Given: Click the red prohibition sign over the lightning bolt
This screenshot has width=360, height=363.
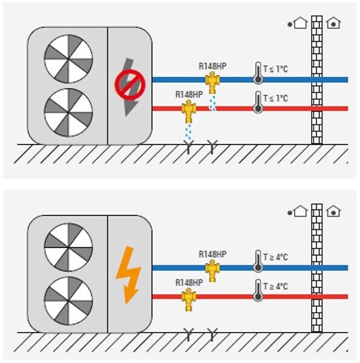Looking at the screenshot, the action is (130, 85).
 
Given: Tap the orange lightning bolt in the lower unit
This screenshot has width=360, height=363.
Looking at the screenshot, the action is (129, 275).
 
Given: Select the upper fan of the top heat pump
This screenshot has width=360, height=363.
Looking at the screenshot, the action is (68, 59).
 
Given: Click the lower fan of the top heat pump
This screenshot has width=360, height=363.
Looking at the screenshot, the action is (68, 113).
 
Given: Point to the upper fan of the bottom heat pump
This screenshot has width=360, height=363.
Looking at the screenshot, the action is (68, 247).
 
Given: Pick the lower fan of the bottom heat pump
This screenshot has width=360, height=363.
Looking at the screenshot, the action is (68, 301).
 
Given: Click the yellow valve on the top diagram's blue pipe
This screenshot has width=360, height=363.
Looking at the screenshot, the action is (212, 82).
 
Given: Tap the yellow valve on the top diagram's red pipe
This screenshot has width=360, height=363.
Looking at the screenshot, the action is (189, 111).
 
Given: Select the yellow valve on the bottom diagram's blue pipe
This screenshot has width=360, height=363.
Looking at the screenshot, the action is (212, 270).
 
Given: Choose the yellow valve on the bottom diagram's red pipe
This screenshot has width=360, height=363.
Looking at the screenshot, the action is (189, 299).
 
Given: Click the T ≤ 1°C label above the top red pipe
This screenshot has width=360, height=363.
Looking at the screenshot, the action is (275, 98).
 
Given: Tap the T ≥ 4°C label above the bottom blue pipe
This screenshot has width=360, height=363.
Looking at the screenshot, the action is (275, 257).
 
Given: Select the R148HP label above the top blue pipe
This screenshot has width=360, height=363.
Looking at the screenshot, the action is (212, 66).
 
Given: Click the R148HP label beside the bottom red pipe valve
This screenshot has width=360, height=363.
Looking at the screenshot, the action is (189, 283).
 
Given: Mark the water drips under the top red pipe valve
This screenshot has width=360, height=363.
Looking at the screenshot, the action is (189, 131).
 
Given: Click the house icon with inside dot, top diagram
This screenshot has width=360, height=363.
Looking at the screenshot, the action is (333, 23).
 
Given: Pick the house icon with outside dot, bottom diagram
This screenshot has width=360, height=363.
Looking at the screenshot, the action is (298, 211).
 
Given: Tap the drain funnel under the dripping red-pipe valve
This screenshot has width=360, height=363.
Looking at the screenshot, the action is (189, 147).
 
